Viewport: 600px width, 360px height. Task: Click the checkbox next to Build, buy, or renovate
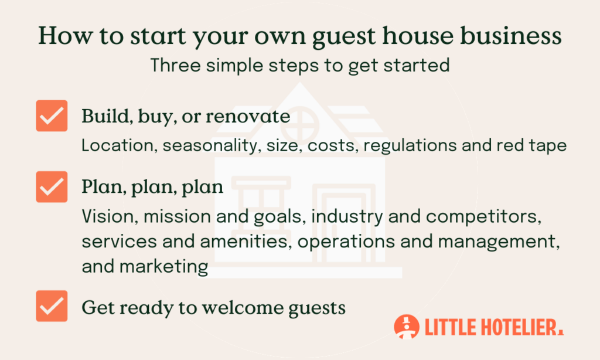[52, 116]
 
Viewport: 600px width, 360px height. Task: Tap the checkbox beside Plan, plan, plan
[52, 186]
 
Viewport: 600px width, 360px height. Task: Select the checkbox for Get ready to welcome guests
[52, 305]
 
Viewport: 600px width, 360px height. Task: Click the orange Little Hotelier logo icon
[407, 327]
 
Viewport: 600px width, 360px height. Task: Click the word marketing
[164, 266]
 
